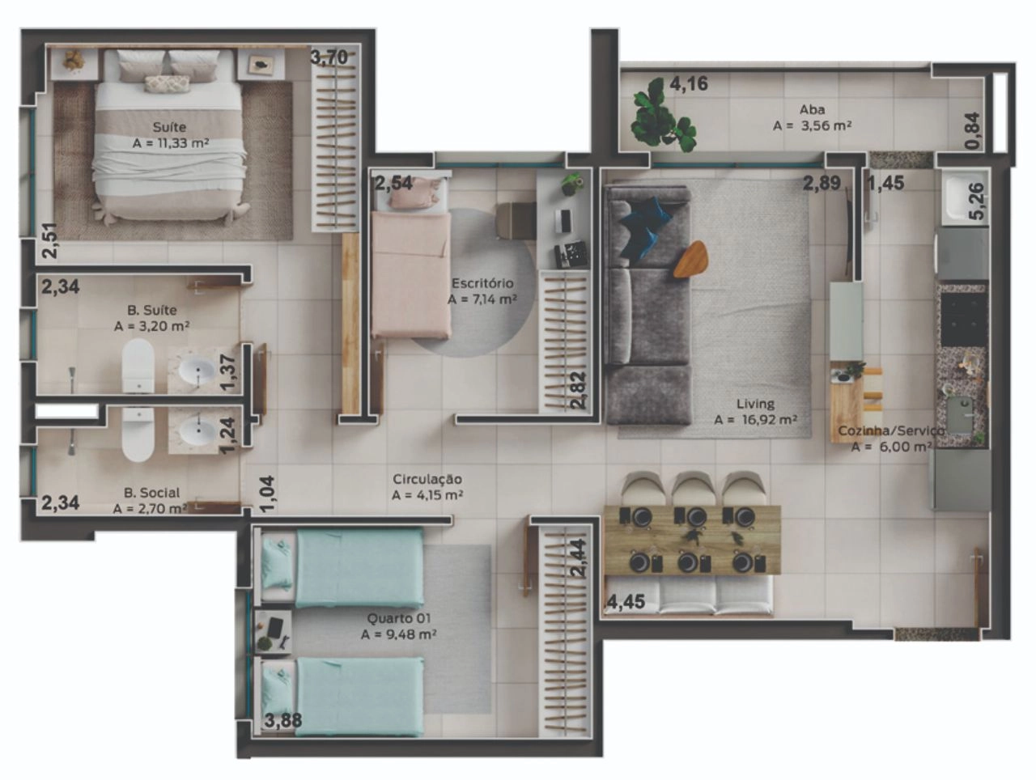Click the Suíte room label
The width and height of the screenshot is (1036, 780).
[169, 127]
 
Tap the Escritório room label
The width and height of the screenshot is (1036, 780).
[482, 283]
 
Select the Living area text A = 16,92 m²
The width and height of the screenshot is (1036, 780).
[756, 419]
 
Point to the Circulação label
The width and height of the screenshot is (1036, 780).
[427, 479]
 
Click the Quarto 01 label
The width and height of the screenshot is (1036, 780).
[399, 618]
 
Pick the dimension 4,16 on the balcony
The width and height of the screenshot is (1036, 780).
[689, 84]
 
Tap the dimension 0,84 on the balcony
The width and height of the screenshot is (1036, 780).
[973, 131]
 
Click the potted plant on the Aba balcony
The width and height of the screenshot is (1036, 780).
[664, 116]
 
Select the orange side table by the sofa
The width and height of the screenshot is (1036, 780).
[690, 259]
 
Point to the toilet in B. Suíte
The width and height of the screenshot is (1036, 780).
[138, 367]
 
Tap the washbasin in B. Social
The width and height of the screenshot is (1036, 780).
[198, 430]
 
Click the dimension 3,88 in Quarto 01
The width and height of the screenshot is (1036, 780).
[283, 721]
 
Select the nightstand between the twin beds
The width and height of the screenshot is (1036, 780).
[274, 632]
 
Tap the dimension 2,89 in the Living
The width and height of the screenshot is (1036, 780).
[822, 183]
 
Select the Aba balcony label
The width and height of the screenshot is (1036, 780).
[813, 110]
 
